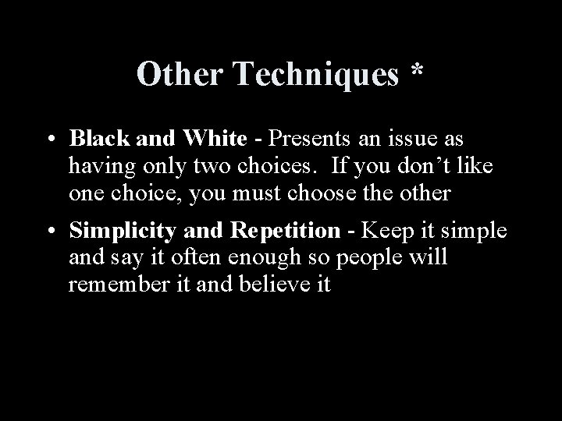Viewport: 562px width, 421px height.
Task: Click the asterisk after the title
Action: pyautogui.click(x=418, y=73)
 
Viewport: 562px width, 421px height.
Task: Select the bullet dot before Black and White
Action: pyautogui.click(x=49, y=141)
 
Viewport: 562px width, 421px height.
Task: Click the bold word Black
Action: pyautogui.click(x=98, y=139)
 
